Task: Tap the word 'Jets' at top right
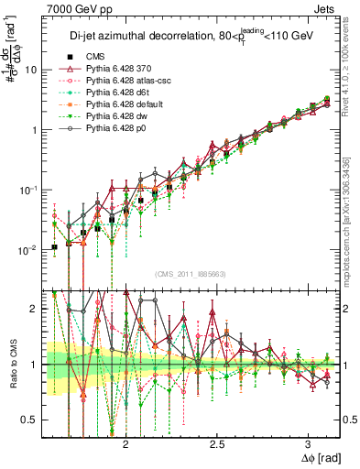(x=325, y=8)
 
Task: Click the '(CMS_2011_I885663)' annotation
(x=192, y=272)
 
